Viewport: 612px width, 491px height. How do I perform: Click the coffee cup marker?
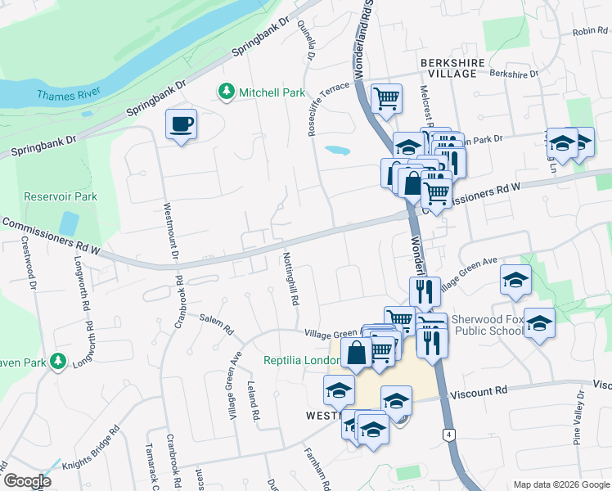pos(181,125)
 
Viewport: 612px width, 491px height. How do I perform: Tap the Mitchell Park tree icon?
pos(227,92)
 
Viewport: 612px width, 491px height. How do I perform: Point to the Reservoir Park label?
pos(61,196)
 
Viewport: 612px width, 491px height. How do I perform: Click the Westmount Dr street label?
pos(170,232)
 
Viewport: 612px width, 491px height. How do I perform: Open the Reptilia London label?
pos(300,361)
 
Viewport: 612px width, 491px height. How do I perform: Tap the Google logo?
pos(26,481)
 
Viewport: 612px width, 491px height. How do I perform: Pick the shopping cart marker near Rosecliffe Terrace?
pos(385,98)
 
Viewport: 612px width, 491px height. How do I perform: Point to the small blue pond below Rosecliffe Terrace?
pos(335,151)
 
